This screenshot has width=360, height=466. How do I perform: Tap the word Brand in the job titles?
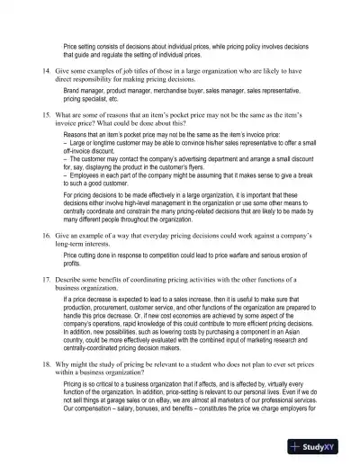coord(73,91)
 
